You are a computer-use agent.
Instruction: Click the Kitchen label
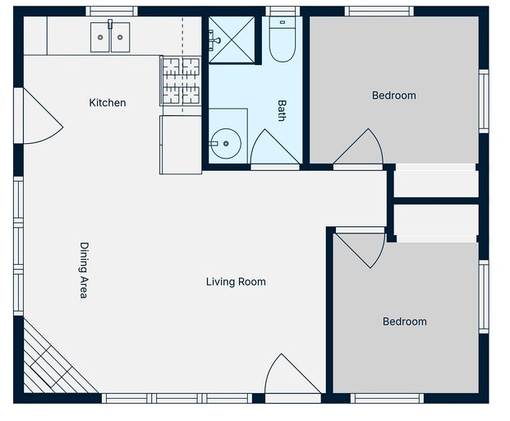point(108,103)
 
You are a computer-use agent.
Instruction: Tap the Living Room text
point(236,282)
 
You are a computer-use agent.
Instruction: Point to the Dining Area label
point(84,271)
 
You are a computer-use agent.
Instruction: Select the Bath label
point(282,110)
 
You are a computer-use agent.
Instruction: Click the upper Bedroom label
point(394,95)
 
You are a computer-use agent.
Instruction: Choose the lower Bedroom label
point(405,322)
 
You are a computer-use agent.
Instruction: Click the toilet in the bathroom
point(282,39)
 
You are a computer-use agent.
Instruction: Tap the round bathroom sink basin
point(225,144)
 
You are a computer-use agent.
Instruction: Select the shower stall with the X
point(232,39)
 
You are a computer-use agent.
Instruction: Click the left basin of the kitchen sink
point(100,37)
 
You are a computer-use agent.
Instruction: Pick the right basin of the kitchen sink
point(120,37)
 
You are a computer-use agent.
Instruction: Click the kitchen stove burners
point(181,81)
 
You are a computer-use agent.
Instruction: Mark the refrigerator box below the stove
point(181,145)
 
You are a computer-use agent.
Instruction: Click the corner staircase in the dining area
point(55,362)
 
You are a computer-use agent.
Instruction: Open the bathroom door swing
point(275,146)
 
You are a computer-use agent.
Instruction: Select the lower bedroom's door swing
point(360,250)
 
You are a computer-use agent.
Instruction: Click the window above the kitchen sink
point(112,12)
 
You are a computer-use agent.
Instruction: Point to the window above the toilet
point(283,12)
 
